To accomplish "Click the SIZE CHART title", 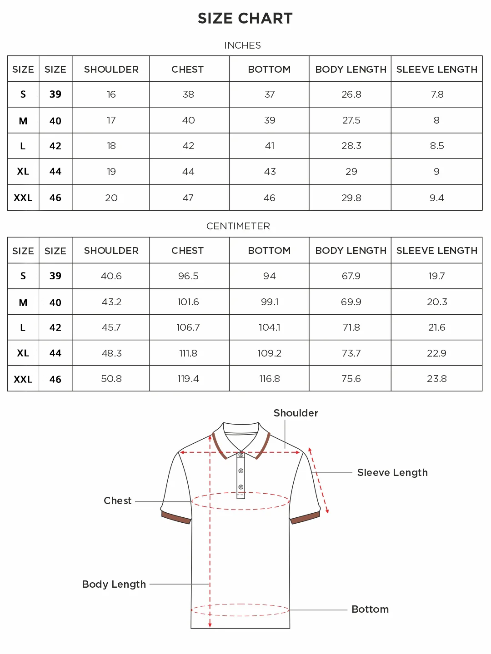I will [x=245, y=18].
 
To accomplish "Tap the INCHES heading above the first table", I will [x=242, y=45].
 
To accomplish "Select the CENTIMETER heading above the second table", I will [x=238, y=226].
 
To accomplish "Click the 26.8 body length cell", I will [x=351, y=94].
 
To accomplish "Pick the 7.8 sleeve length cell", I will [x=437, y=94].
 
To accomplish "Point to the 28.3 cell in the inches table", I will [x=351, y=146].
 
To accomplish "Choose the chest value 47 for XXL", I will [x=188, y=198].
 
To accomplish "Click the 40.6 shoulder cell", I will [x=111, y=276].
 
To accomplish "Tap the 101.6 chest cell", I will [x=188, y=302].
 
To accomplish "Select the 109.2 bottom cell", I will [x=269, y=353].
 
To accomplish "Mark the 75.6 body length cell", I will [x=351, y=379].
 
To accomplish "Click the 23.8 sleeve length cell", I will [x=437, y=379].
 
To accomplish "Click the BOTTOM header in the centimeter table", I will [x=269, y=251].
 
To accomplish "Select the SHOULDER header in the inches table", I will [x=111, y=69].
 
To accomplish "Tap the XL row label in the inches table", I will [x=23, y=172].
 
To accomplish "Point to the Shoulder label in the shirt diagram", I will [x=296, y=413].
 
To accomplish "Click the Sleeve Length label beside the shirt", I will [x=392, y=473].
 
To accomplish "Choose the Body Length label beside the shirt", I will [x=114, y=585].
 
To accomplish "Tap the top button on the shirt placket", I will [x=241, y=455].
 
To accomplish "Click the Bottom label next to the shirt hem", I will [x=370, y=609].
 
